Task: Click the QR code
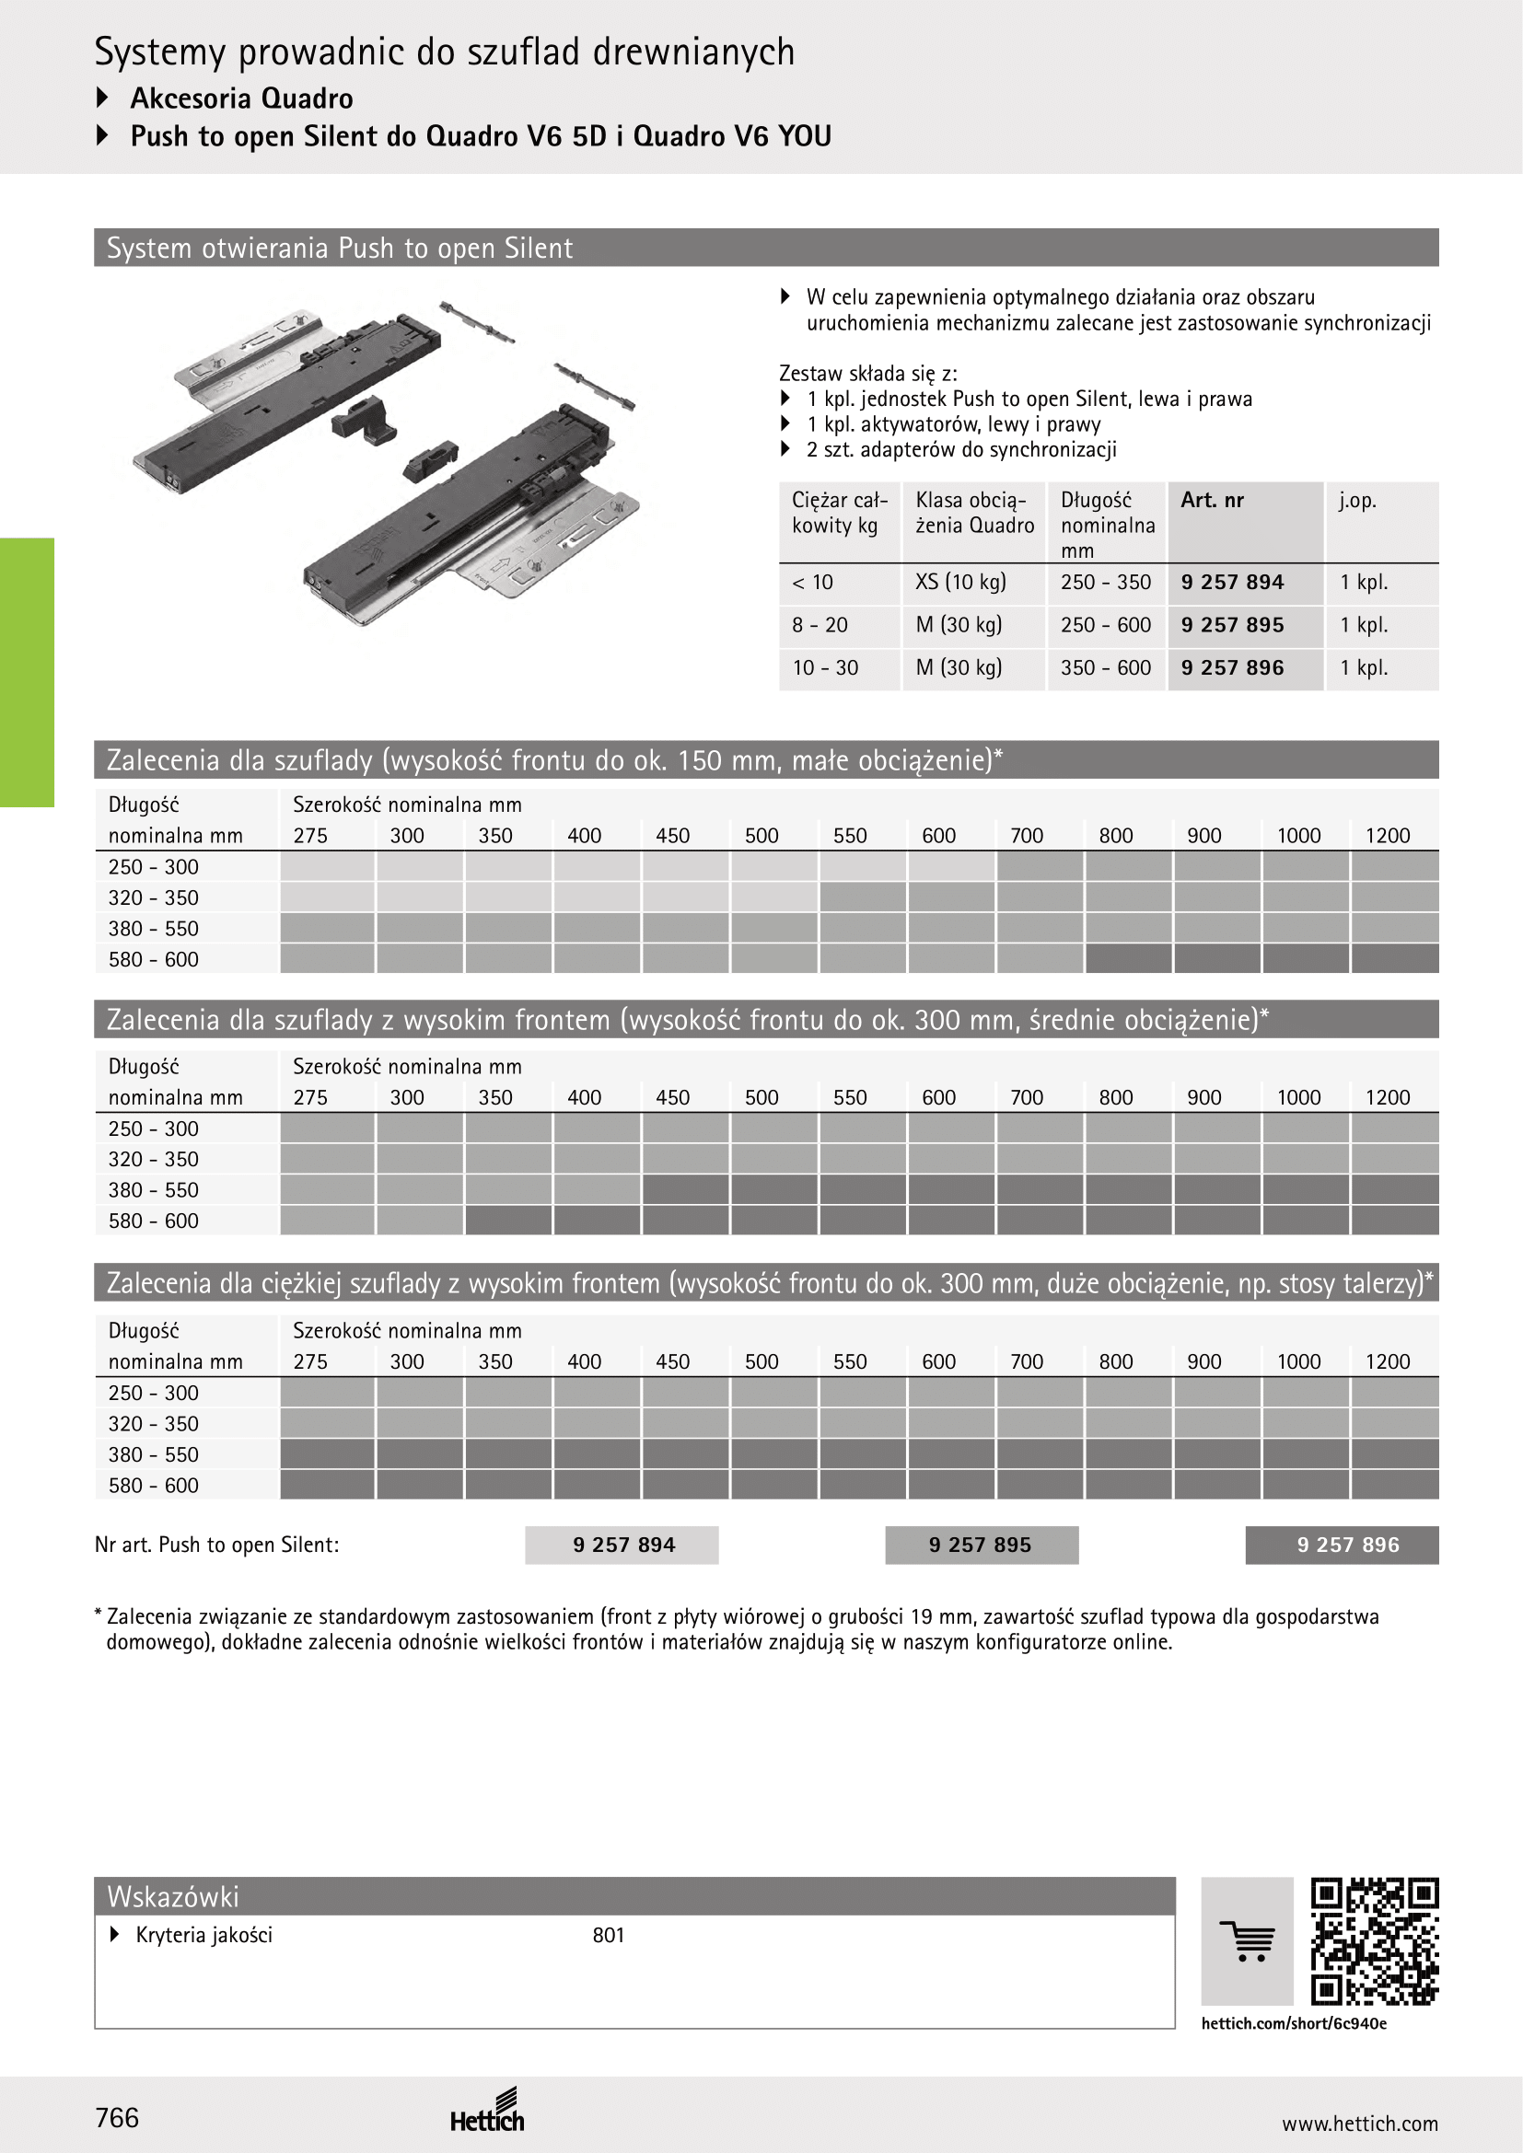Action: [1374, 1940]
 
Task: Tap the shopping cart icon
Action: [1248, 1940]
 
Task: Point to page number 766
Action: [117, 2117]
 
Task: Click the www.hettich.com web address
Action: [1359, 2124]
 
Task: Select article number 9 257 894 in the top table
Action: [1232, 583]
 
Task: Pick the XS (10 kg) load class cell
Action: [960, 583]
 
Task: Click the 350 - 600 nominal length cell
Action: [1106, 667]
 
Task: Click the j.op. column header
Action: [1357, 501]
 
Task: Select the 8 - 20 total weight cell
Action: [820, 625]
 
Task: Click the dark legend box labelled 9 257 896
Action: [1342, 1545]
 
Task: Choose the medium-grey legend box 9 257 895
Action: [981, 1545]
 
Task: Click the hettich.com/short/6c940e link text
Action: [1293, 2023]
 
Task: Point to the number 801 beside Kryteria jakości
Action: [609, 1936]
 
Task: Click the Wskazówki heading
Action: [173, 1897]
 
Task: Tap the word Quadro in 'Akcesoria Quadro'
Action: [307, 98]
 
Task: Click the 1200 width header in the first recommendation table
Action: [1387, 836]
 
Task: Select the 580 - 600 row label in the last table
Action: [154, 1486]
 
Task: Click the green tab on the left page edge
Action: [27, 671]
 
